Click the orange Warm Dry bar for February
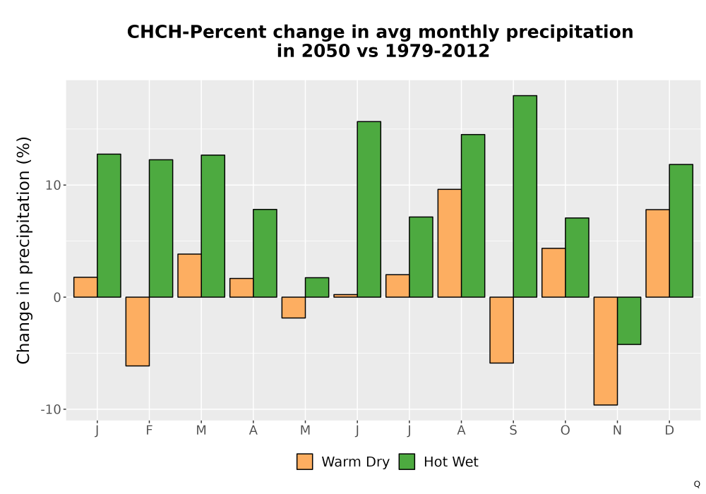point(138,331)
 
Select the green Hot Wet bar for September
point(525,196)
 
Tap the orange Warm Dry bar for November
point(606,351)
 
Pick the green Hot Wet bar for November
point(629,321)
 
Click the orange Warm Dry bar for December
point(657,253)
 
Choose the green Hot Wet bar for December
point(681,231)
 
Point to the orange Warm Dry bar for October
point(554,272)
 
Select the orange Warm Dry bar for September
point(501,330)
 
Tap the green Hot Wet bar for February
point(161,229)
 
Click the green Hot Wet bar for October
point(577,258)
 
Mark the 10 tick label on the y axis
point(53,185)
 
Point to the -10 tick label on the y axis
point(50,409)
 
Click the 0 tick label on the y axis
point(56,297)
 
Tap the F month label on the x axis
point(149,430)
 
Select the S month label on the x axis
point(513,430)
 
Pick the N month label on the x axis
point(617,430)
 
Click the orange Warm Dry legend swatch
point(305,462)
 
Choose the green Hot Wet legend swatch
point(407,462)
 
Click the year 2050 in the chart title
point(325,51)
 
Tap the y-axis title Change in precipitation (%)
point(23,250)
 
